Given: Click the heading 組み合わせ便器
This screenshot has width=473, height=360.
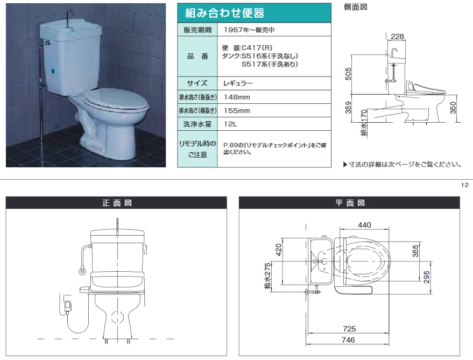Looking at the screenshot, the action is (x=225, y=13).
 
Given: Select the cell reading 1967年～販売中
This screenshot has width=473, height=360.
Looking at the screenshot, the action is (x=249, y=30).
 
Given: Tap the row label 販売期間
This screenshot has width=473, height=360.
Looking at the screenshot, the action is (x=197, y=30).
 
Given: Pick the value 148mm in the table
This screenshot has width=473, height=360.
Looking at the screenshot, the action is (x=237, y=97).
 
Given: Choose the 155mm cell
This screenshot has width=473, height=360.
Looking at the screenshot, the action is (x=237, y=111).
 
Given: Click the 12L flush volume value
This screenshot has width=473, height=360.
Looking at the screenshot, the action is (x=230, y=124).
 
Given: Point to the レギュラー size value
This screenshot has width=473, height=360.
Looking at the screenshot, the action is (x=238, y=83).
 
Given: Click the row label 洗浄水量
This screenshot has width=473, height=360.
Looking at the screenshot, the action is (x=197, y=124).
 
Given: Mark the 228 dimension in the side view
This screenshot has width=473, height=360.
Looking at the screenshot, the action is (x=397, y=37).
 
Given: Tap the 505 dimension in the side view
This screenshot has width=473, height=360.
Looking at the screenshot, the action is (x=348, y=74).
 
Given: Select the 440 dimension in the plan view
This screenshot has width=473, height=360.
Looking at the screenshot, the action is (x=364, y=225).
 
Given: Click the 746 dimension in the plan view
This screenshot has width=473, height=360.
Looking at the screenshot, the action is (x=348, y=340).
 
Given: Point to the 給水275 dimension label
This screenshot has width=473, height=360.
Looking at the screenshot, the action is (x=267, y=276).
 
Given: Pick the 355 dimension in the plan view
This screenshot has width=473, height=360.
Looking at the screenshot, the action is (x=415, y=251).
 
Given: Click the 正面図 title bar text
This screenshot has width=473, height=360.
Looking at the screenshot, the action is (x=117, y=203).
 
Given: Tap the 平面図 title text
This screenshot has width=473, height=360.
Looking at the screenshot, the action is (x=350, y=203).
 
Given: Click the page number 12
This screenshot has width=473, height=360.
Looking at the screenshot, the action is (x=465, y=185).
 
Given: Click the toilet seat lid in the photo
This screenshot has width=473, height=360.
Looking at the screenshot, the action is (x=116, y=101).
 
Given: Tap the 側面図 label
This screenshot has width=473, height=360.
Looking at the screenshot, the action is (x=355, y=7).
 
